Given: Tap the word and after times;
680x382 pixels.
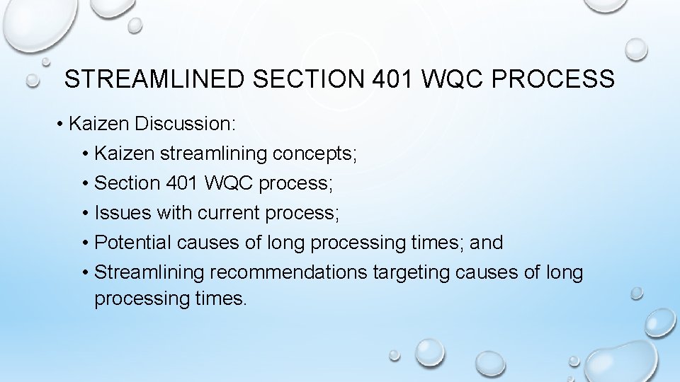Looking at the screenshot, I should point(487,243).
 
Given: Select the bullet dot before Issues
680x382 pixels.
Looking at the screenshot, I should point(85,213).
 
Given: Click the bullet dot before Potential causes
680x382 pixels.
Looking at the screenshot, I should point(85,243).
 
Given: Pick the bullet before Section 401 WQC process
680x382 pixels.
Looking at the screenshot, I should point(85,183).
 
